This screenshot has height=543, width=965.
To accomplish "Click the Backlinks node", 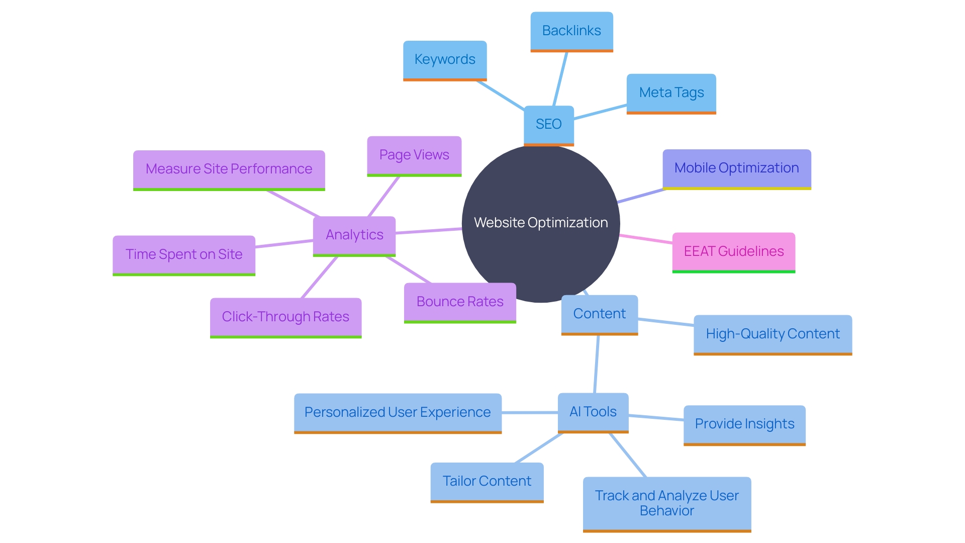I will coord(571,31).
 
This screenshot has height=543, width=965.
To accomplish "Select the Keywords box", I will coord(445,60).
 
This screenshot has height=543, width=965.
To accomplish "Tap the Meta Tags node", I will coord(671,93).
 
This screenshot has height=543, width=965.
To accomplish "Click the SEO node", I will coord(548,124).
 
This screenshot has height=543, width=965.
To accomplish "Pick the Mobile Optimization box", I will coord(736,168).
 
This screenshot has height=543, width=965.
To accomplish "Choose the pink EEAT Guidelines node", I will coord(733,251).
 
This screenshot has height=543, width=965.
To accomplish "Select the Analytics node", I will coord(354,235).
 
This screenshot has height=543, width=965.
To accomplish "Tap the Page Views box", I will coord(414,155).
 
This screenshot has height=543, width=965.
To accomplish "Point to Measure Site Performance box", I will coord(229,169).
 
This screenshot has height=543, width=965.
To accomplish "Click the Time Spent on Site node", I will coord(184,255).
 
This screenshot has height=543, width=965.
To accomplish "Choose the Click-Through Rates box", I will coord(285,317).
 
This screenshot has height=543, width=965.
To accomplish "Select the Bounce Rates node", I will coord(460,302).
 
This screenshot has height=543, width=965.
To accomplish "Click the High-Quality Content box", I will coord(773,334).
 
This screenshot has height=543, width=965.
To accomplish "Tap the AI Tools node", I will coord(593,412).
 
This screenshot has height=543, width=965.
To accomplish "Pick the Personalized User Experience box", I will coord(398,413).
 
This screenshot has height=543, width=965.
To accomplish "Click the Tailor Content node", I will coord(487,482).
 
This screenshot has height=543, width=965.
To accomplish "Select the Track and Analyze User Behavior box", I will coord(666,503).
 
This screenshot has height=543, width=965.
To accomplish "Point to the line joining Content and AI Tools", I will coord(597,364).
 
